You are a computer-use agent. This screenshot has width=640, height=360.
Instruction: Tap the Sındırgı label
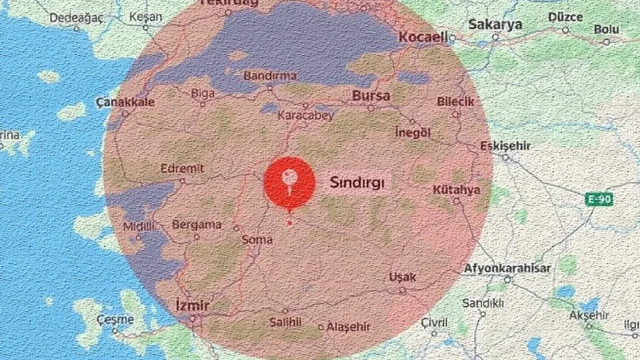coord(357,183)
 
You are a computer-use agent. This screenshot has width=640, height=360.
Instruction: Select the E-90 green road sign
coord(599,200)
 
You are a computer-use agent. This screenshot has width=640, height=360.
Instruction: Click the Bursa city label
coord(370,95)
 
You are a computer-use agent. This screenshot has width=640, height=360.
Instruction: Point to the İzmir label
coord(192,306)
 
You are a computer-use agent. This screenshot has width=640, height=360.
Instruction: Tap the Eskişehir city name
coord(505,146)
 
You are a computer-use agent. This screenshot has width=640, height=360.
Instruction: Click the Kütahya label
coord(456,190)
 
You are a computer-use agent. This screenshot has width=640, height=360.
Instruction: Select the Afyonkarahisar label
coord(507,268)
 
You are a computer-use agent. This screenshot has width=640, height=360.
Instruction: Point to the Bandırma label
coord(270,76)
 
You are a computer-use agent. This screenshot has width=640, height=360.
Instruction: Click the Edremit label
coord(182,168)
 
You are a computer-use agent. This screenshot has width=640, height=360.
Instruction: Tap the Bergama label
coord(196,225)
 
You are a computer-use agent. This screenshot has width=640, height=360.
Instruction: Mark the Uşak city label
coord(402,277)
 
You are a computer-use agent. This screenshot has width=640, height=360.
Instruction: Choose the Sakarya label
coord(495,24)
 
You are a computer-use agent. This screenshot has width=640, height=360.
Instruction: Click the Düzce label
coord(565,17)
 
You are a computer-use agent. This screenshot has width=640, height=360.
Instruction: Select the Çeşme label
coord(115,319)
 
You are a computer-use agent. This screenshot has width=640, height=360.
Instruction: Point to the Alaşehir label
coord(348,327)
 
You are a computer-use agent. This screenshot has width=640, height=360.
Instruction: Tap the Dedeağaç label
coord(76,18)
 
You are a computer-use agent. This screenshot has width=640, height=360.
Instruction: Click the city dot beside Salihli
coord(285,311)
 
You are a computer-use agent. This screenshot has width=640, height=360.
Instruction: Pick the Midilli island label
coord(138,226)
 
